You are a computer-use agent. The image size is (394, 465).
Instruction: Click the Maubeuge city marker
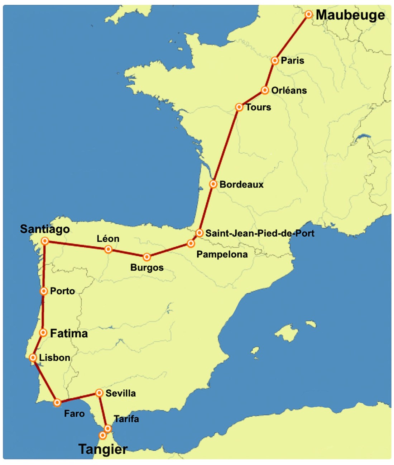coord(308,14)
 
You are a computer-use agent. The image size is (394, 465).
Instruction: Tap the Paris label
coord(292,61)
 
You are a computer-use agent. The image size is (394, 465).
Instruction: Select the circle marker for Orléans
coord(265,90)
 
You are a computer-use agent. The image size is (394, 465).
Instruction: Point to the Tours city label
coord(258,107)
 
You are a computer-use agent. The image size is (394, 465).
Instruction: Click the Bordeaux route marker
coord(213,184)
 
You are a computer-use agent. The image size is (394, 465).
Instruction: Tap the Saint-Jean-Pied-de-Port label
coord(260,233)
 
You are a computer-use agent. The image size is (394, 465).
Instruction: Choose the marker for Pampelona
coord(191,244)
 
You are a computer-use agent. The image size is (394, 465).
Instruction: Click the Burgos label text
coord(147,268)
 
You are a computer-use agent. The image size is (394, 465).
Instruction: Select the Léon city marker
coord(108,249)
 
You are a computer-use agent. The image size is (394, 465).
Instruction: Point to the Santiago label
coord(45,229)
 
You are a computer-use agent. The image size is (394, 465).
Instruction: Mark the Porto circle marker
coord(44,291)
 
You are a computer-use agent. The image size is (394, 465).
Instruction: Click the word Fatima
coord(69,333)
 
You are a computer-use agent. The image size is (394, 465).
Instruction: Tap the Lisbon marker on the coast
coord(33,358)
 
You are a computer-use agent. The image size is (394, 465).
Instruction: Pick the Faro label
coord(74,414)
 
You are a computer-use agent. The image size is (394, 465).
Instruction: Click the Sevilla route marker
coord(99,393)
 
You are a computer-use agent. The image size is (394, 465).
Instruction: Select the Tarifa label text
coord(126,419)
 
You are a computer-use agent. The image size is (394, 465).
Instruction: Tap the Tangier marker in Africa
coord(102,435)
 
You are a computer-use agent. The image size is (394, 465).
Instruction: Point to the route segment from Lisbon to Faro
coord(45,380)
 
